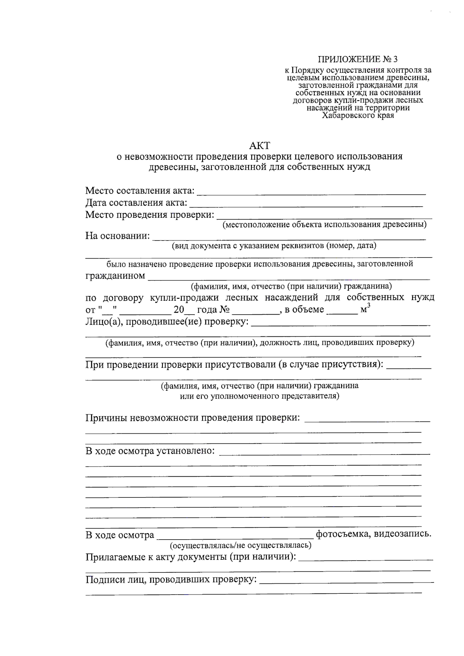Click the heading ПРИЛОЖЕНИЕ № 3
tap(357, 59)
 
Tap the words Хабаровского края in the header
tap(358, 115)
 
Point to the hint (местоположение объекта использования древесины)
tap(324, 225)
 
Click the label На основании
tap(118, 236)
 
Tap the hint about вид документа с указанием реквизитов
tap(274, 245)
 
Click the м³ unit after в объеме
tap(365, 309)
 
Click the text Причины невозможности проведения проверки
tap(193, 418)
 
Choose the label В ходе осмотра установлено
tap(150, 451)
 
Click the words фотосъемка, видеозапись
tap(374, 534)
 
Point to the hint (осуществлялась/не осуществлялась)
tap(240, 545)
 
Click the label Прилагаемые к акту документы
tap(191, 557)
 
